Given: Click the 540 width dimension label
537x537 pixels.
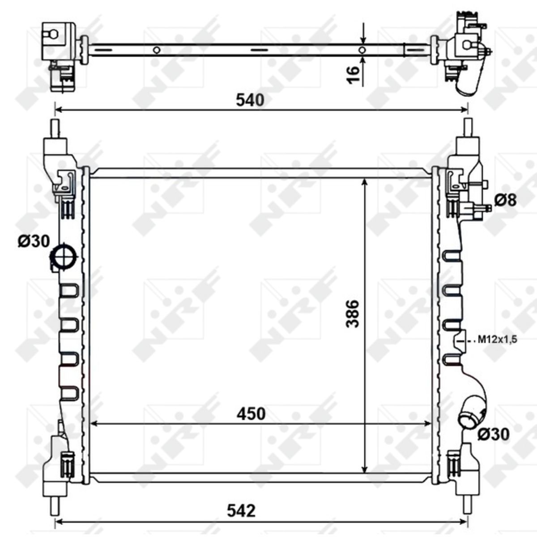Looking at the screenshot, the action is (250, 100).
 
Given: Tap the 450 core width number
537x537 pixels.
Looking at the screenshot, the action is (251, 414).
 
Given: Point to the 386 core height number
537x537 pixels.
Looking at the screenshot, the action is (353, 314).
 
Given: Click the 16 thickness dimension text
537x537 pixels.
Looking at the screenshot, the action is (353, 75).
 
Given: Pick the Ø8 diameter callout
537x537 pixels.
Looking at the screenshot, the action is (506, 200).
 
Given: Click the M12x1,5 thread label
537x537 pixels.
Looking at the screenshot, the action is (498, 339).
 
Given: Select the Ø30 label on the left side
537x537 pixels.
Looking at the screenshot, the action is (34, 241).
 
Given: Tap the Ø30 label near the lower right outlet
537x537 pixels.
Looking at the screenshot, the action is (493, 434).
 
